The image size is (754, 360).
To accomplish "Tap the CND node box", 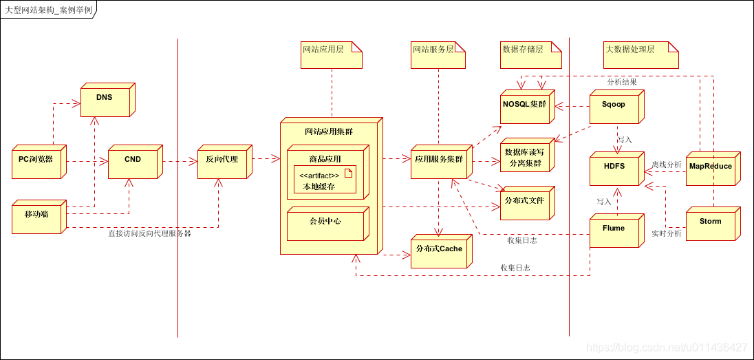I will coord(133,160).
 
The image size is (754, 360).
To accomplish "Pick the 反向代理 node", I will coord(222,160).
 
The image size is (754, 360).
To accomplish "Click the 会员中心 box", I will coord(326,222).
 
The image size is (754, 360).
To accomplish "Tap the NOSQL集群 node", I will coord(526,105).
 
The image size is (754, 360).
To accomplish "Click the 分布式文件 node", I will coord(526,202).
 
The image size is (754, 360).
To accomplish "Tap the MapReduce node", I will coord(711,167).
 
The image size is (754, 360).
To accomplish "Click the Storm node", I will coord(711,222).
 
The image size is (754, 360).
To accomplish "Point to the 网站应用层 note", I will coord(331,55).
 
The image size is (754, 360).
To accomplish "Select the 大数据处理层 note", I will coord(640,55).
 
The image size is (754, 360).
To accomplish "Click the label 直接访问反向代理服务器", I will coord(149,234).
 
